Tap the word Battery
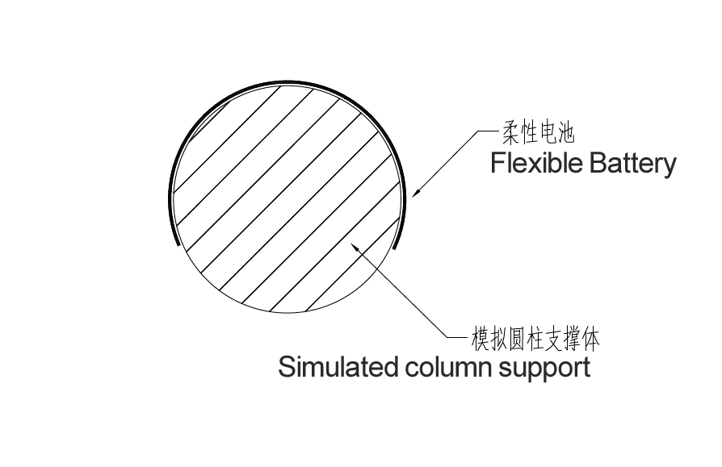[x=632, y=165]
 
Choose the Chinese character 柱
[x=538, y=340]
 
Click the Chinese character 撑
[x=573, y=340]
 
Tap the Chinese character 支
[x=556, y=340]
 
